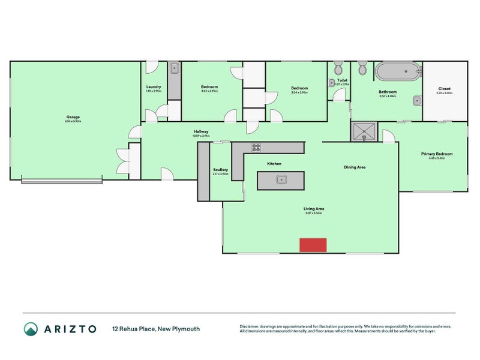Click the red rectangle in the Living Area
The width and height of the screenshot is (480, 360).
pos(313,245)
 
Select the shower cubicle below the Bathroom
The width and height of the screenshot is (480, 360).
pos(365,131)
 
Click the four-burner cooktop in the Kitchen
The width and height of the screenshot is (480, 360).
pos(256,148)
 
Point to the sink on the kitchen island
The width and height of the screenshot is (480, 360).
pos(280,179)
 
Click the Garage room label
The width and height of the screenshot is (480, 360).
pos(73,117)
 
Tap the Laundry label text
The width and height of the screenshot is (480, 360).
pos(153,87)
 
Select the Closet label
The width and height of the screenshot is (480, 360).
pos(445,89)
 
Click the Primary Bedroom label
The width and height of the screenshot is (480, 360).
pos(437,154)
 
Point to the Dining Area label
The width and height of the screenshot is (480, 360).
pos(355,167)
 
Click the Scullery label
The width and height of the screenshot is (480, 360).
pos(220,170)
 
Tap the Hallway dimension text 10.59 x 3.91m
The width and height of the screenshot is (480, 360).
pos(201,136)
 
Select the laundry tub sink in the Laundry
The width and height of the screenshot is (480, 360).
pos(174,68)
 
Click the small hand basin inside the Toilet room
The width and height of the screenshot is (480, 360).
pos(331,83)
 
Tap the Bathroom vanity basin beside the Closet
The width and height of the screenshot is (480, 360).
pos(417,101)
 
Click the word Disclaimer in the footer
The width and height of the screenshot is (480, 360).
pos(251,326)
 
